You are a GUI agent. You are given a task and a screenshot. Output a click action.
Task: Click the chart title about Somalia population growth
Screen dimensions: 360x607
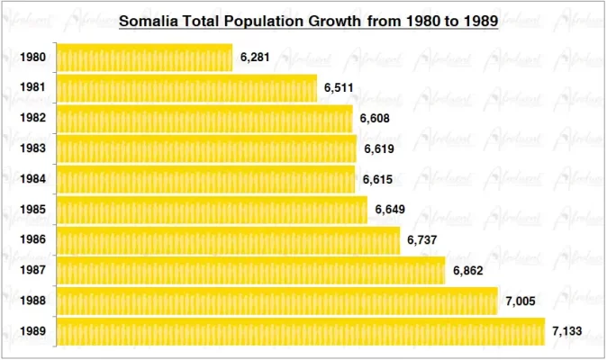[309, 20]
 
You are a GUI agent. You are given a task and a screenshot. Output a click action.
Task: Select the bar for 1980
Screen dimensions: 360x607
[144, 58]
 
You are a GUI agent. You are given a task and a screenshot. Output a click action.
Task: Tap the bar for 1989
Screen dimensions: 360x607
[300, 331]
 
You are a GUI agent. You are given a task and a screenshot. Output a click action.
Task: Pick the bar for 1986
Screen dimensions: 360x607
[228, 240]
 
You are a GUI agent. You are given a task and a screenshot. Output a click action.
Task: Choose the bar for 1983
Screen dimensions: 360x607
[206, 148]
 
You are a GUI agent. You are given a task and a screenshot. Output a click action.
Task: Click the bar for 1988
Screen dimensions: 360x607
[276, 301]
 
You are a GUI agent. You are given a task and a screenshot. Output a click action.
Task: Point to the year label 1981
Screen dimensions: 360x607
[33, 88]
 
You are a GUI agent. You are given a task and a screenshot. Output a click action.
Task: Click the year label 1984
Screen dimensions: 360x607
[33, 179]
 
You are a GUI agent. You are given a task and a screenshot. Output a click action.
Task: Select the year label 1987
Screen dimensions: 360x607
[33, 270]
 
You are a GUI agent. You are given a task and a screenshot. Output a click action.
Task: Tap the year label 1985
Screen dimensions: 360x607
[33, 210]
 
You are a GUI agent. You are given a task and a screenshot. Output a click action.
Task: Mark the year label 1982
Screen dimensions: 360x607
[33, 119]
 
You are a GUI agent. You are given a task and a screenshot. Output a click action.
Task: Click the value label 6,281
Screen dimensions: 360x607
[256, 58]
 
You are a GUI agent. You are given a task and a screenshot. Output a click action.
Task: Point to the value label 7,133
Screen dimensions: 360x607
[567, 331]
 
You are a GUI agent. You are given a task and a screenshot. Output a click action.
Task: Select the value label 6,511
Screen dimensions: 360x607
[340, 88]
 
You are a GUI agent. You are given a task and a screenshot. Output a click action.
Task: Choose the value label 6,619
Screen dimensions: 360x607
[379, 148]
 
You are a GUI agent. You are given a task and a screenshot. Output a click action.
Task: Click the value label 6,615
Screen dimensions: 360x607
[378, 179]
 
